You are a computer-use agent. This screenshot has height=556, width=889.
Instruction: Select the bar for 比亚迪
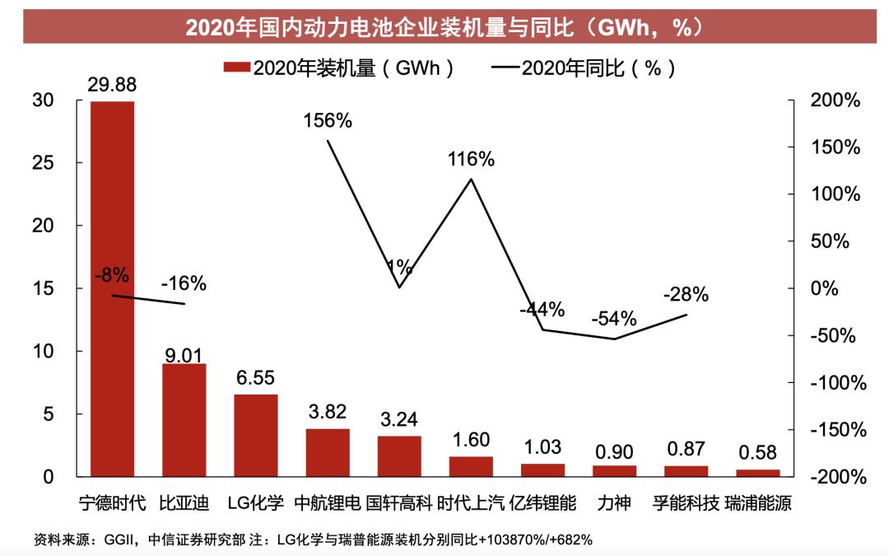(184, 420)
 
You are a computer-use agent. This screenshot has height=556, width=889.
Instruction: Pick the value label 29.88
(112, 85)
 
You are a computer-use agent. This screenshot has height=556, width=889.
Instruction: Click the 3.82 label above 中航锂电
(327, 412)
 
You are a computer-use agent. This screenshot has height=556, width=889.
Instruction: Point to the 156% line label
(328, 120)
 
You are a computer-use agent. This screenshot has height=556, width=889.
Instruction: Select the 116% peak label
(471, 160)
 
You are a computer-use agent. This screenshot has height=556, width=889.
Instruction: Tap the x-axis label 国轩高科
(399, 502)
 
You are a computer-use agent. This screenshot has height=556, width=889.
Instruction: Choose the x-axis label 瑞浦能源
(758, 502)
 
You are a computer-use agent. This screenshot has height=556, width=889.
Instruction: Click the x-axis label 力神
(614, 502)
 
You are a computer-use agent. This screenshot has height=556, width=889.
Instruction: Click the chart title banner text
(444, 27)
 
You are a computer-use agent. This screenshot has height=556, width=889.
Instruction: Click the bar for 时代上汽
(471, 466)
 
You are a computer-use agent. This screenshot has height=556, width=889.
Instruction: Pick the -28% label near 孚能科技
(686, 295)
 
